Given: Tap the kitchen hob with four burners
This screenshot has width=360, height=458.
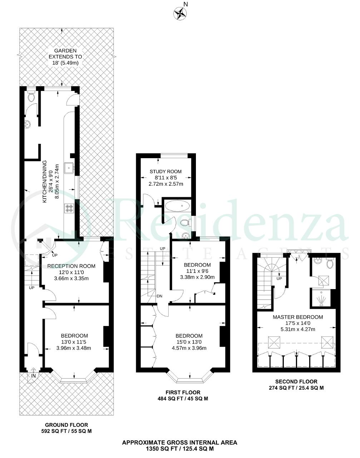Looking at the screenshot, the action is pyautogui.click(x=69, y=208).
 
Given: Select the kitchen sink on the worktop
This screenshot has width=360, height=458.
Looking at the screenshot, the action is pyautogui.click(x=69, y=169).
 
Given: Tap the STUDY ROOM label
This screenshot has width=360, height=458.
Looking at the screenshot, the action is pyautogui.click(x=166, y=171).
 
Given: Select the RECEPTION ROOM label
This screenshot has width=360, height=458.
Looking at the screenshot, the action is pyautogui.click(x=71, y=266).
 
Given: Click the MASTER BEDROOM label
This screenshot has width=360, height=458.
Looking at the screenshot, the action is pyautogui.click(x=298, y=317).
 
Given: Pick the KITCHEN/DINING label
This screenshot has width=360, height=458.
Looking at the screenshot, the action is pyautogui.click(x=45, y=181).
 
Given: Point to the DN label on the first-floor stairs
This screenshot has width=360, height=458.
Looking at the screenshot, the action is pyautogui.click(x=159, y=296).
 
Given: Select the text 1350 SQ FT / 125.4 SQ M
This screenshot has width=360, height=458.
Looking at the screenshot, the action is pyautogui.click(x=180, y=449).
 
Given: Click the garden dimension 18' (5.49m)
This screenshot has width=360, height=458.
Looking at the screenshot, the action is pyautogui.click(x=65, y=63).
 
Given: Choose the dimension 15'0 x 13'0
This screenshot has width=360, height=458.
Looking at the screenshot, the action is pyautogui.click(x=189, y=342).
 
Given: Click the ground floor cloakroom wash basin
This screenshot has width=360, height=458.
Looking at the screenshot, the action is pyautogui.click(x=28, y=124).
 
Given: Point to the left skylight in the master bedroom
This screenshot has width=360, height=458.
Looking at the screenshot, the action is pyautogui.click(x=274, y=342).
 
